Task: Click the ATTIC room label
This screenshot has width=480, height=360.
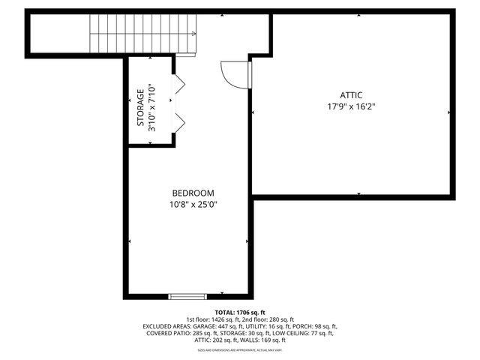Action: (351, 95)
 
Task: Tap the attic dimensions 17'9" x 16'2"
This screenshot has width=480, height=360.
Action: (351, 106)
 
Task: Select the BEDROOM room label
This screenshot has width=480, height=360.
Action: (193, 193)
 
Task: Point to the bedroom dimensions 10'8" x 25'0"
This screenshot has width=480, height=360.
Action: (193, 204)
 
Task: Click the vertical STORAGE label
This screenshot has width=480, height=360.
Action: (140, 108)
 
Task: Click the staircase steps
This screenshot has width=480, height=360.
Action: (139, 34)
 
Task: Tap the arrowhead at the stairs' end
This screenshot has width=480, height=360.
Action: (193, 34)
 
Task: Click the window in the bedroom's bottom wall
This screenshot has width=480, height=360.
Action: (187, 296)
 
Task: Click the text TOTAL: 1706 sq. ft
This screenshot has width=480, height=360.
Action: (240, 312)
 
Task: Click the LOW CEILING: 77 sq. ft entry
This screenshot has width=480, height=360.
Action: (308, 333)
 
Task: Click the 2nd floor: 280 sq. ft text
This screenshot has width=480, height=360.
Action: (266, 319)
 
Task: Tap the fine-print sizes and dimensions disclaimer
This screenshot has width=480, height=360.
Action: (240, 349)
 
